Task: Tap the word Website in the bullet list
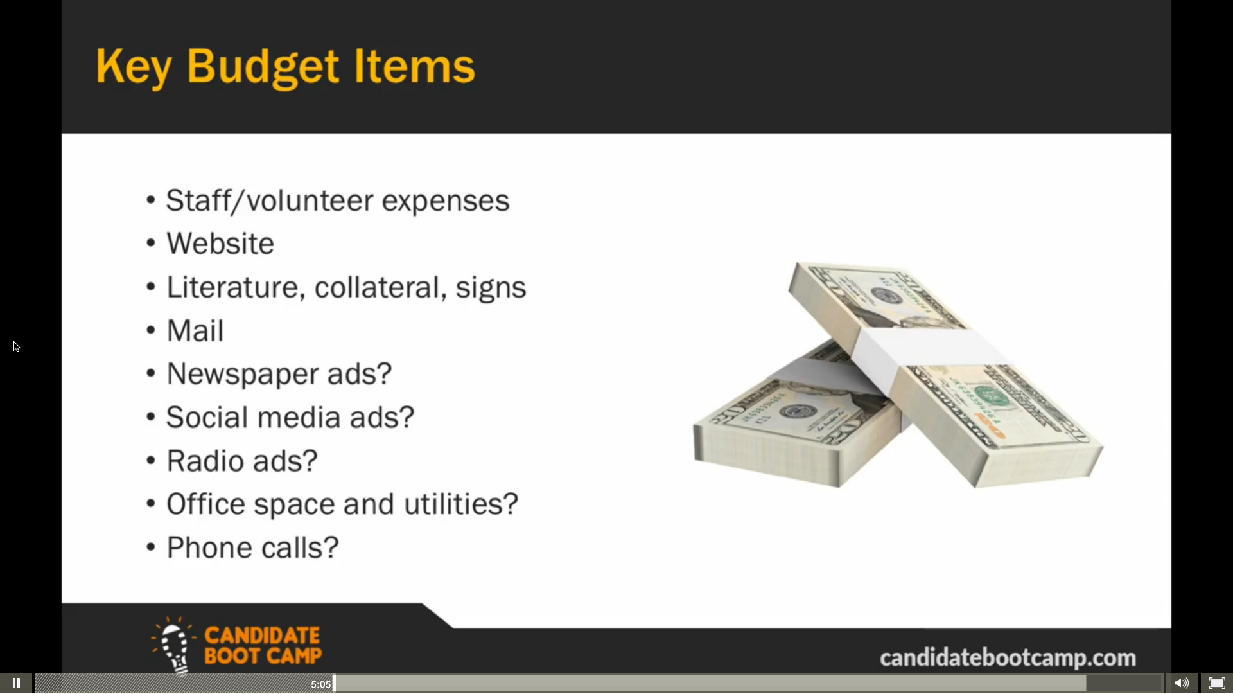pos(220,244)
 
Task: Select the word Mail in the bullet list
pos(195,331)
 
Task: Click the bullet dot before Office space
pos(151,503)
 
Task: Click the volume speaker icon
pos(1182,683)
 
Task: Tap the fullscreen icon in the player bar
pos(1217,683)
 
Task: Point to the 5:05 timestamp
pos(320,684)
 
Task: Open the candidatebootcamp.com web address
pos(1008,658)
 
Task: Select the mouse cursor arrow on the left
pos(17,347)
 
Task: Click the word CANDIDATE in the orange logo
pos(262,636)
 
